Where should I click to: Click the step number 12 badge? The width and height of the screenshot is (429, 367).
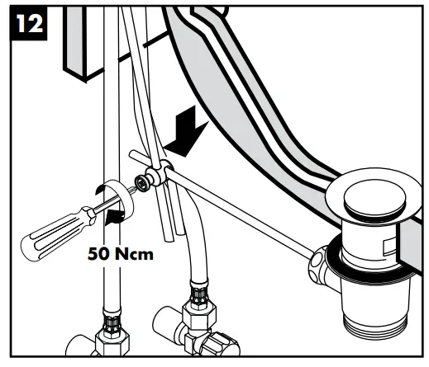tap(28, 24)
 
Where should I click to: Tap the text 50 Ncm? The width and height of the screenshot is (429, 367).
tap(121, 254)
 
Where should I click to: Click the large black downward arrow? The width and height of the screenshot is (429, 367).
tap(188, 133)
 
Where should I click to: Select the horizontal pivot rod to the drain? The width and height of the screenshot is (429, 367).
tap(240, 213)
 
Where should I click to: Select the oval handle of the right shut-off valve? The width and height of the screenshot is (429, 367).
tap(221, 344)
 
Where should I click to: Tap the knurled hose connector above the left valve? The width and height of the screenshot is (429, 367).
tap(112, 321)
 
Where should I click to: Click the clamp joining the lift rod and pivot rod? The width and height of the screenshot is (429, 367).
tap(160, 173)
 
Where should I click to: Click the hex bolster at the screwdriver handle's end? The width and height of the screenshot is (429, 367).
tap(88, 215)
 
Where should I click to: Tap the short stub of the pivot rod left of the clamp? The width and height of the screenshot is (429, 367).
tap(140, 158)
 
